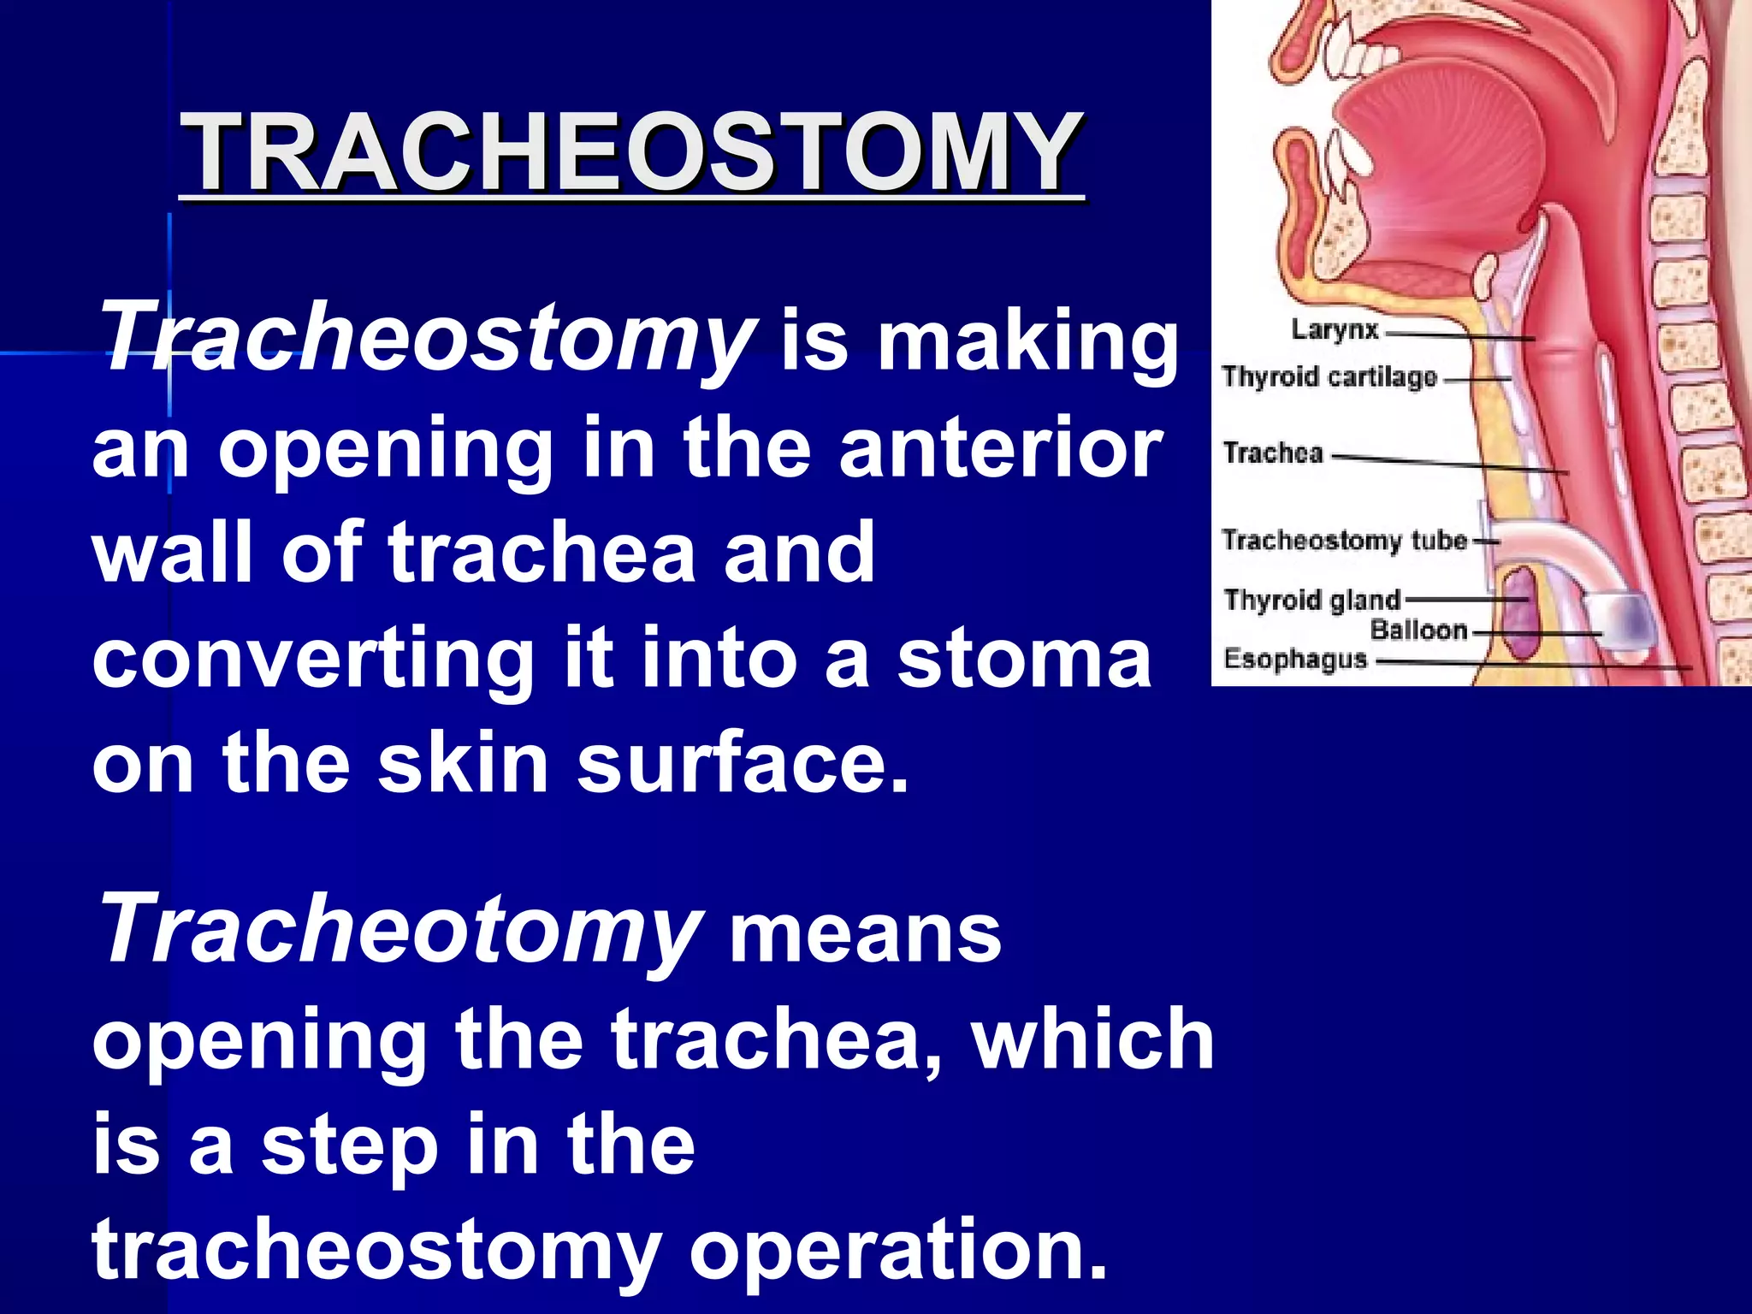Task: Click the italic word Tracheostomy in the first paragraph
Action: coord(425,340)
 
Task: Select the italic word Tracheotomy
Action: coord(399,931)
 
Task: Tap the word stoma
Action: coord(1023,659)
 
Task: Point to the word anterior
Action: coord(999,448)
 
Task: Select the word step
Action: coord(349,1146)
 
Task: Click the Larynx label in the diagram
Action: coord(1335,329)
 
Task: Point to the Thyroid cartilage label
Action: coord(1329,376)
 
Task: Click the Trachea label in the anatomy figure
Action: coord(1273,453)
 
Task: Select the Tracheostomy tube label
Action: coord(1344,540)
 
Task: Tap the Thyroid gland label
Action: coord(1311,600)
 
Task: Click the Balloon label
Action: coord(1418,630)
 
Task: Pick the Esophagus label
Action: coord(1295,660)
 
